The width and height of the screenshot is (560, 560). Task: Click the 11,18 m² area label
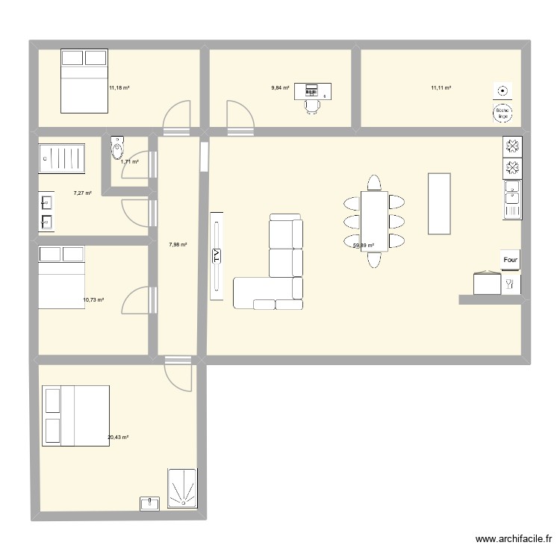coord(119,88)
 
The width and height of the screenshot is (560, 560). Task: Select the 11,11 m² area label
coord(441,88)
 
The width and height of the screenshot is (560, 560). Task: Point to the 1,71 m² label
coord(130,161)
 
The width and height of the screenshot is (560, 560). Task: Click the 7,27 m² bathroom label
coord(82,193)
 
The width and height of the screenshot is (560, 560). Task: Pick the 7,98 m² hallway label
coord(178,244)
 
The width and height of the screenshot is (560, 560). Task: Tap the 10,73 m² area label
coord(93,300)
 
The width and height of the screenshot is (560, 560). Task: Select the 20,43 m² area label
coord(118,437)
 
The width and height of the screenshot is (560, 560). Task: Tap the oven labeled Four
coord(511,260)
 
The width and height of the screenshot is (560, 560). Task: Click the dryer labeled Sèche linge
coord(503,113)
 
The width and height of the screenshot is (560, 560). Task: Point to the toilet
coord(116,149)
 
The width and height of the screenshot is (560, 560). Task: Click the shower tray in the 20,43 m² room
coord(183,489)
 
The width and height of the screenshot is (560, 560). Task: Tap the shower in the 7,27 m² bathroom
coord(63,158)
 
